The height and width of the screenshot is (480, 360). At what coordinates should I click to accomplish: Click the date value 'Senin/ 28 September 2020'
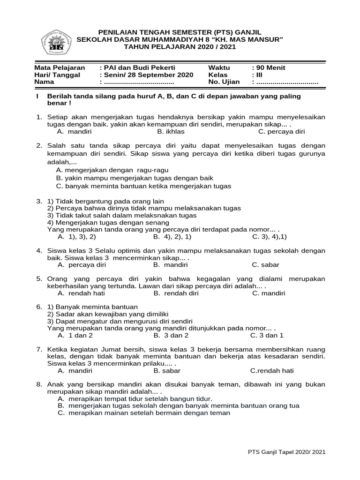pyautogui.click(x=146, y=75)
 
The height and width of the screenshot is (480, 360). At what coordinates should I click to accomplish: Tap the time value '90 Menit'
pyautogui.click(x=269, y=67)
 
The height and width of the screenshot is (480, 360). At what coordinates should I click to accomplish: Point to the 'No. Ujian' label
pyautogui.click(x=224, y=82)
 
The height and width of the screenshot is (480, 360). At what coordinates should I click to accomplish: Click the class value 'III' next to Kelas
pyautogui.click(x=255, y=75)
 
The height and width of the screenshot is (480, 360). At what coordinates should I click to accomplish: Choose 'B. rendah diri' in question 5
pyautogui.click(x=176, y=293)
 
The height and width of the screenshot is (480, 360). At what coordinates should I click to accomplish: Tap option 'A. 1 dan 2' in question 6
pyautogui.click(x=75, y=336)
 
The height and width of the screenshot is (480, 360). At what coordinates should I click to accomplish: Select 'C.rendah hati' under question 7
pyautogui.click(x=272, y=370)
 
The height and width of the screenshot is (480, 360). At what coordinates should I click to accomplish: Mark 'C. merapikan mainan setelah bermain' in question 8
pyautogui.click(x=144, y=413)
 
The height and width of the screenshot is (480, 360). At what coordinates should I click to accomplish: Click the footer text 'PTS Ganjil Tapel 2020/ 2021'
pyautogui.click(x=286, y=452)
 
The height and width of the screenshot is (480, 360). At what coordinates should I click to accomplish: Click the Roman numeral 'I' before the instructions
pyautogui.click(x=37, y=96)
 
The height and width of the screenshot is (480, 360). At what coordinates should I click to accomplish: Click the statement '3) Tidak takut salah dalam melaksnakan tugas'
pyautogui.click(x=122, y=215)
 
